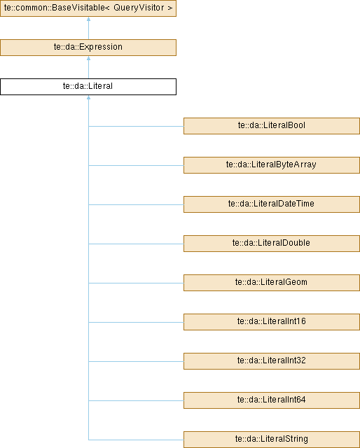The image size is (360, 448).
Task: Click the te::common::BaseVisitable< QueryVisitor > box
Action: click(x=88, y=8)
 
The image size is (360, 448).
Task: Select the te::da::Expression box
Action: click(x=88, y=48)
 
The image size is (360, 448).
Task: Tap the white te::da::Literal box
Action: click(x=88, y=87)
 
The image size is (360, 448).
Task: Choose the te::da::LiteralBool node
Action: click(x=272, y=126)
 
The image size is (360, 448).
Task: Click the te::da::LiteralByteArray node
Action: click(x=272, y=165)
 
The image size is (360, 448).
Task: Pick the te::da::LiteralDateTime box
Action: click(x=272, y=204)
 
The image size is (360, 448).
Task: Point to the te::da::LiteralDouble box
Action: click(x=272, y=244)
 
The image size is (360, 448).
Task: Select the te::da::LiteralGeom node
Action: click(x=272, y=283)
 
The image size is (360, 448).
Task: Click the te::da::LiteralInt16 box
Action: click(x=272, y=322)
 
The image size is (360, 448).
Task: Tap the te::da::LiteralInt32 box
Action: click(x=272, y=361)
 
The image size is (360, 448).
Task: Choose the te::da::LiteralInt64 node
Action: click(x=272, y=400)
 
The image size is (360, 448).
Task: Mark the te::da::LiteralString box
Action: click(x=272, y=440)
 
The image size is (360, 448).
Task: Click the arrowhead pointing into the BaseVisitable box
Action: click(x=89, y=19)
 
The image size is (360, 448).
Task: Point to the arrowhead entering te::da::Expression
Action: click(x=89, y=58)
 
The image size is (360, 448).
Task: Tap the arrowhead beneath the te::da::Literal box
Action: click(x=89, y=97)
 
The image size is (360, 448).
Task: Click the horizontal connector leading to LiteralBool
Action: click(x=136, y=126)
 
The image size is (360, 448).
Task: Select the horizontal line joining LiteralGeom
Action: click(x=136, y=283)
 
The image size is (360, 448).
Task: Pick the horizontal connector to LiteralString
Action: click(x=136, y=440)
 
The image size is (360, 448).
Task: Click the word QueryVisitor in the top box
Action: click(x=139, y=8)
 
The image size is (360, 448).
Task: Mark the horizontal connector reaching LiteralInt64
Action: click(x=136, y=400)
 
